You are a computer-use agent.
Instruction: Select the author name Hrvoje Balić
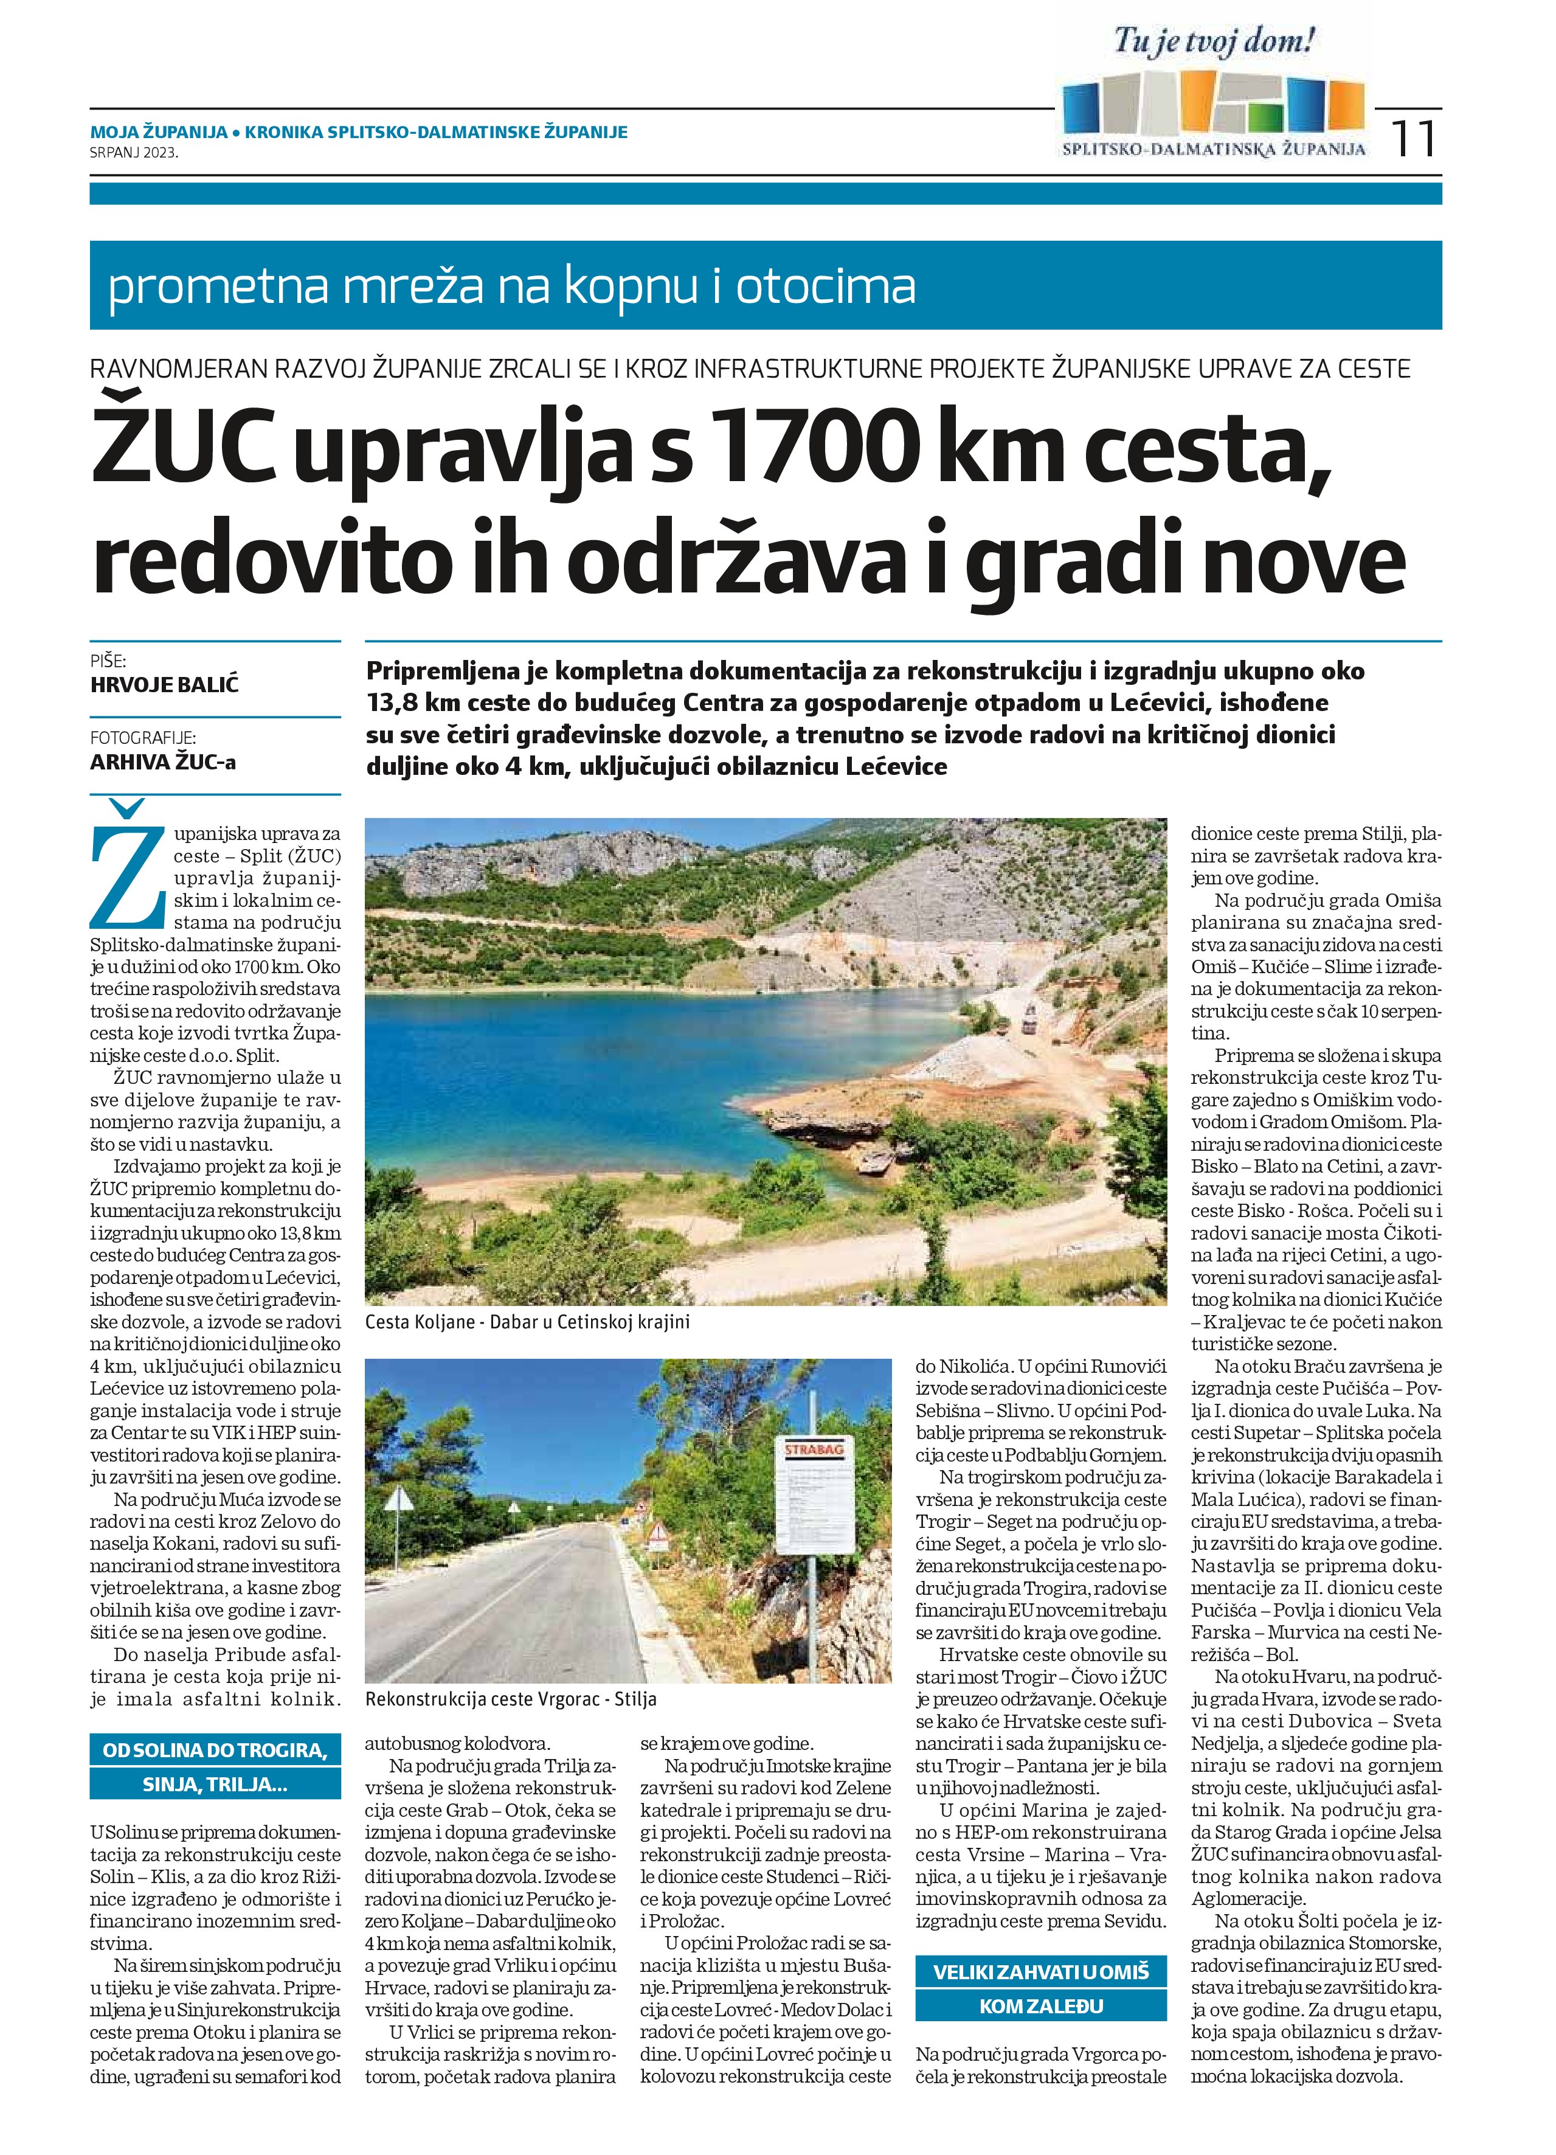click(x=164, y=684)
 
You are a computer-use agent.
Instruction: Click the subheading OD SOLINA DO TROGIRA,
click(x=215, y=1751)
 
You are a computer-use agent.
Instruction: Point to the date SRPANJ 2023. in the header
click(x=134, y=151)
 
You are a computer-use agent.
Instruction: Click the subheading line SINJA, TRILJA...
click(x=215, y=1783)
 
